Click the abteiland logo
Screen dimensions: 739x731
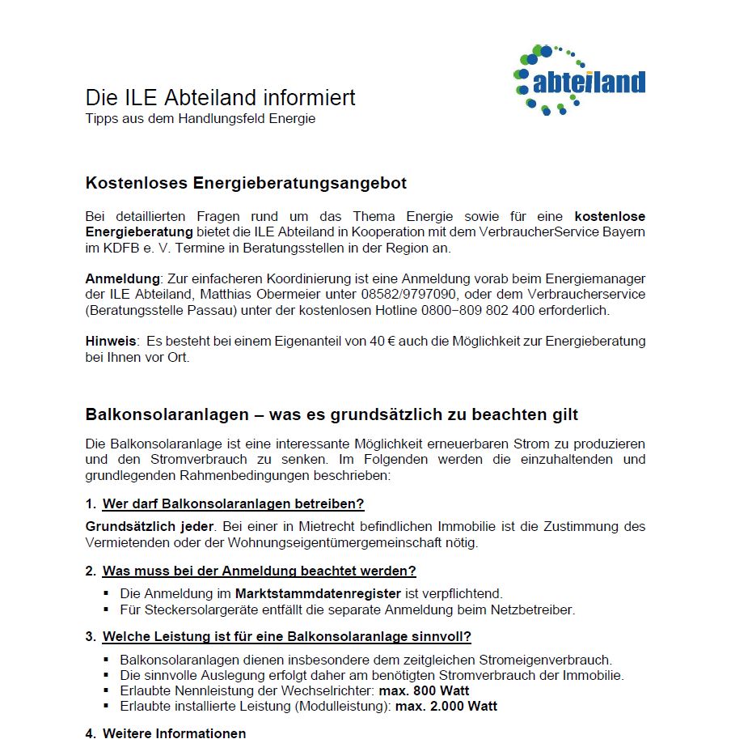point(579,81)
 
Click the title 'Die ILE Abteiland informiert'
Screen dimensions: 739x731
point(220,98)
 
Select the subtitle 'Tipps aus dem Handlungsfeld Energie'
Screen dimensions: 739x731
point(200,118)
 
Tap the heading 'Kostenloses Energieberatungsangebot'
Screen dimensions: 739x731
point(246,183)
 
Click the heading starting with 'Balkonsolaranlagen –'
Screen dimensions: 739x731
point(332,414)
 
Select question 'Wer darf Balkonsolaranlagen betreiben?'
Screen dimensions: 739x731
point(233,503)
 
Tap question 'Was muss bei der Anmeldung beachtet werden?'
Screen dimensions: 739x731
point(259,571)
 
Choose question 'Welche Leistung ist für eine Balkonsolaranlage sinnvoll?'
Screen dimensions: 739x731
point(286,636)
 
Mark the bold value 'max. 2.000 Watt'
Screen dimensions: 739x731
point(446,706)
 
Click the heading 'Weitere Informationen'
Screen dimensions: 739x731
point(174,733)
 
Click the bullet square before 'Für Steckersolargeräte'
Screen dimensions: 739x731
point(107,609)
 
